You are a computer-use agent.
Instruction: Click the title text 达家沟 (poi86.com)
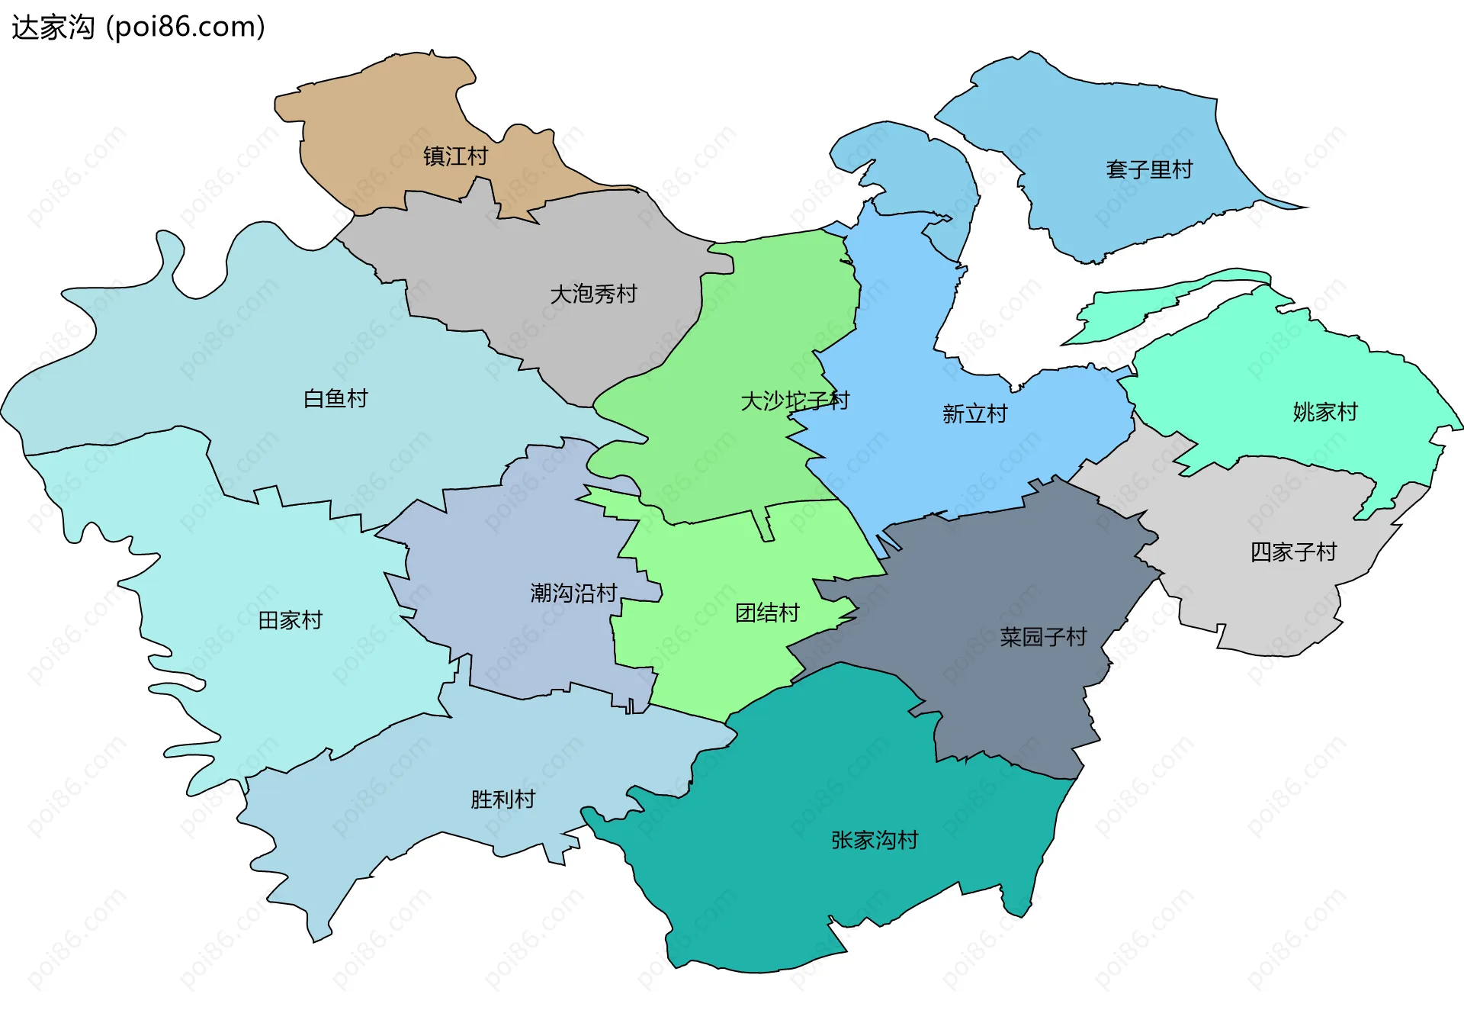(138, 27)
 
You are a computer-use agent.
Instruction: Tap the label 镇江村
(455, 156)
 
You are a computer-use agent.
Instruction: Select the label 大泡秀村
(593, 294)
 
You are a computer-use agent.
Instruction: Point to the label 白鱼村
(335, 398)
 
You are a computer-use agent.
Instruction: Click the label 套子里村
(1149, 169)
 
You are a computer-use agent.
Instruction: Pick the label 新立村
(974, 413)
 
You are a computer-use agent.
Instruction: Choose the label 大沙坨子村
(795, 401)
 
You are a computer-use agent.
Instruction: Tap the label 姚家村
(1325, 412)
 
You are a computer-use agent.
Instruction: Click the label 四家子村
(1293, 552)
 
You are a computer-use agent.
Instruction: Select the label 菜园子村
(1042, 636)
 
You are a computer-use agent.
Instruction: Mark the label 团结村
(767, 613)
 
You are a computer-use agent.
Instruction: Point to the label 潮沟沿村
(573, 593)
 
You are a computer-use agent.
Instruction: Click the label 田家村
(291, 619)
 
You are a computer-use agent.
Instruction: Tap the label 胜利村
(502, 799)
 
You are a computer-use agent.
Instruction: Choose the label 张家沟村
(875, 840)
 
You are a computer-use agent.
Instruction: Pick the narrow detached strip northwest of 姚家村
(1144, 305)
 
